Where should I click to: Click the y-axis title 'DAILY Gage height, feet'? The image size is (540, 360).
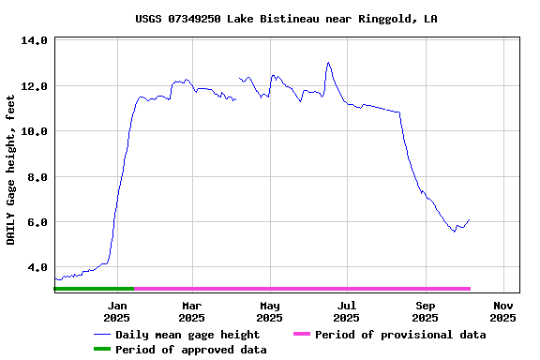coord(11,170)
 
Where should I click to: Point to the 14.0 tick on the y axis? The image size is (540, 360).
coord(34,41)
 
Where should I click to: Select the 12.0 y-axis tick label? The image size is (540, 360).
coord(34,86)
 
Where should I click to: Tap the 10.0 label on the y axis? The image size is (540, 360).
coord(34,131)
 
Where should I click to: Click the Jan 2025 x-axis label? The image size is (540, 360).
coord(117,311)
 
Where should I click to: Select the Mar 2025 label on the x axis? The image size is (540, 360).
coord(191,311)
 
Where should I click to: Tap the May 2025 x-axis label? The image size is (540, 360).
coord(270,311)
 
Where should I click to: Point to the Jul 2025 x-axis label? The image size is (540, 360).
coord(347,311)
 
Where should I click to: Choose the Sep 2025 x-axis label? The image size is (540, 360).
coord(425,311)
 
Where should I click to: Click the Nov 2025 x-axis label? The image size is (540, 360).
coord(503,311)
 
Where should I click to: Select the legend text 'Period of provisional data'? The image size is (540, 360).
coord(400,335)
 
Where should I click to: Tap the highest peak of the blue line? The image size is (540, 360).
coord(328,63)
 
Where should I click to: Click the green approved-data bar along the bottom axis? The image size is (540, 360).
coord(94,289)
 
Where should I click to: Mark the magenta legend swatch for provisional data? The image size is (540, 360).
coord(301,335)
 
